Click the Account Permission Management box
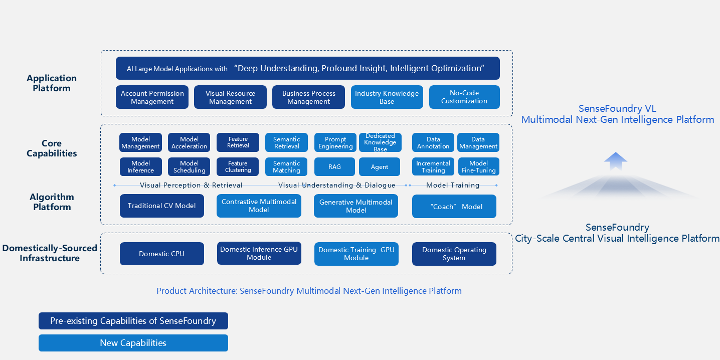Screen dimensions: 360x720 point(152,97)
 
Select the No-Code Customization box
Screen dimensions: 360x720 point(464,97)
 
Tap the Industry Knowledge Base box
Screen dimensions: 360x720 point(387,97)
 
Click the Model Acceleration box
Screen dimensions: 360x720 point(189,142)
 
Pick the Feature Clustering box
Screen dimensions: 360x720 point(238,167)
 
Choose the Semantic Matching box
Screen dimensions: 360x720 point(286,167)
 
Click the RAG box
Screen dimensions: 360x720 point(334,167)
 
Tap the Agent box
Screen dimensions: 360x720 point(380,167)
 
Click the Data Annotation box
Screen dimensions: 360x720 point(433,142)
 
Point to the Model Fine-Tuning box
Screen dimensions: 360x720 point(478,167)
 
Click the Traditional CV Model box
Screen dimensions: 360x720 point(161,206)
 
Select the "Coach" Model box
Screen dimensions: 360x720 point(454,207)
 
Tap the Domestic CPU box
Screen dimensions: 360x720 point(161,254)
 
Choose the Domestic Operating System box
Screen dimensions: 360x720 point(454,254)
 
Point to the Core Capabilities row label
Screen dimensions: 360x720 point(52,148)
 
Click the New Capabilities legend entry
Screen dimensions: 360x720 point(133,343)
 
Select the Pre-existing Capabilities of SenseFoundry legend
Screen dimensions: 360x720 point(133,321)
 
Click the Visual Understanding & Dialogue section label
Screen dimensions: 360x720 point(336,185)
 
